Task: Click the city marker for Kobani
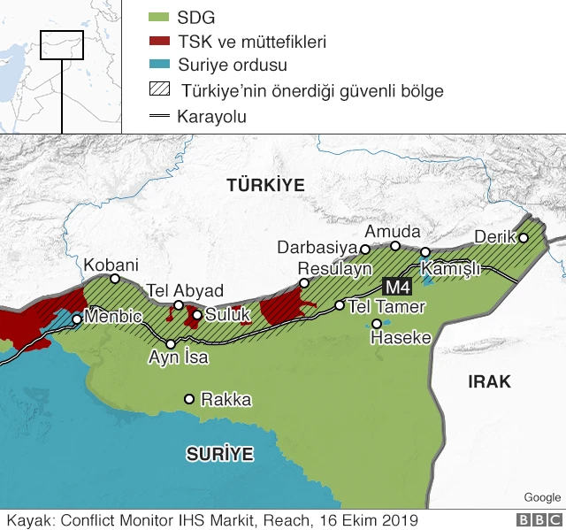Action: tap(115, 279)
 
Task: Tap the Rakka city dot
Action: tap(188, 399)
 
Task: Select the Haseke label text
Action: tap(401, 338)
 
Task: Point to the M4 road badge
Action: tap(394, 286)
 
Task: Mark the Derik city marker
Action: tap(524, 237)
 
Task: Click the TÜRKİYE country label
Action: tap(264, 185)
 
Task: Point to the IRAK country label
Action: tap(489, 381)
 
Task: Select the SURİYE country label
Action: tap(219, 455)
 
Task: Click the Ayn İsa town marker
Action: tap(171, 343)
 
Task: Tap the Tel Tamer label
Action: tap(387, 307)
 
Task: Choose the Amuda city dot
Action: tap(395, 245)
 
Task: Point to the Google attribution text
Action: tap(541, 497)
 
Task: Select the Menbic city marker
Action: tap(77, 319)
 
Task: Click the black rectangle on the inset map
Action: tap(62, 45)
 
